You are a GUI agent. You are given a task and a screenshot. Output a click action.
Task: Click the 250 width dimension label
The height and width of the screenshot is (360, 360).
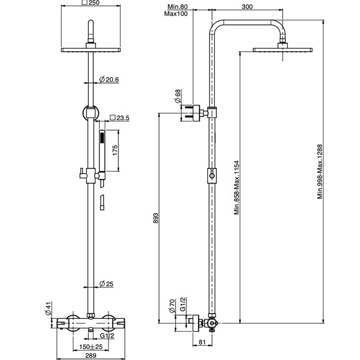[x=91, y=3]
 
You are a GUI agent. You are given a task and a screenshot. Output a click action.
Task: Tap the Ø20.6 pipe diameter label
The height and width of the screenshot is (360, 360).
[x=109, y=80]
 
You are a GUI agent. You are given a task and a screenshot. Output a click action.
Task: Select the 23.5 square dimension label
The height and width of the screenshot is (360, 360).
[x=119, y=118]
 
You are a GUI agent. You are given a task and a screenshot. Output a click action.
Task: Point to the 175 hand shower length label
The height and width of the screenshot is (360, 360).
[x=115, y=150]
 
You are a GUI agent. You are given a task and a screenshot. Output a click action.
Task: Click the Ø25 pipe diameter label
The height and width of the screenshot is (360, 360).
[x=106, y=284]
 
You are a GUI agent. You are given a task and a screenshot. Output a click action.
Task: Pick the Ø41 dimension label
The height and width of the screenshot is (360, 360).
[x=48, y=308]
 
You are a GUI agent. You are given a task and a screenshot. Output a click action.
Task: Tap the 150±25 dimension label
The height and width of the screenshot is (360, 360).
[x=91, y=347]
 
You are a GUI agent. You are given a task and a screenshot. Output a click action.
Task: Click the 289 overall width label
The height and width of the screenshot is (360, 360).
[x=91, y=355]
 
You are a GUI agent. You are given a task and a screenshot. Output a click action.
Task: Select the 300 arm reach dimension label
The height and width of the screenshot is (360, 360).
[x=247, y=7]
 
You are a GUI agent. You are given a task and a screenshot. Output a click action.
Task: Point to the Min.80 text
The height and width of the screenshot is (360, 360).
[x=178, y=7]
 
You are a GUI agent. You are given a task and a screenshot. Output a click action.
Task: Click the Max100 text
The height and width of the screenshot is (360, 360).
[x=176, y=14]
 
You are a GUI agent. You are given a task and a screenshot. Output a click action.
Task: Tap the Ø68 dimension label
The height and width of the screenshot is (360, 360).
[x=178, y=96]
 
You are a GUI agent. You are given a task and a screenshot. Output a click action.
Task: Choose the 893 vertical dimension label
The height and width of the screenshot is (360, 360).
[x=155, y=218]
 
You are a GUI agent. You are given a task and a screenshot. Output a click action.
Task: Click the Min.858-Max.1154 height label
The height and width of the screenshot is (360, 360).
[x=237, y=188]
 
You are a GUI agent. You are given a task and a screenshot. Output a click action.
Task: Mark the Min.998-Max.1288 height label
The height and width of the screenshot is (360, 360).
[x=320, y=171]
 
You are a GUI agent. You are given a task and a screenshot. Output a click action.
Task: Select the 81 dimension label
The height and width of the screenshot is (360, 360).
[x=202, y=342]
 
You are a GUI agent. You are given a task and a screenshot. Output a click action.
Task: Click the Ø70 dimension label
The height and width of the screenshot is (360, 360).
[x=172, y=306]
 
